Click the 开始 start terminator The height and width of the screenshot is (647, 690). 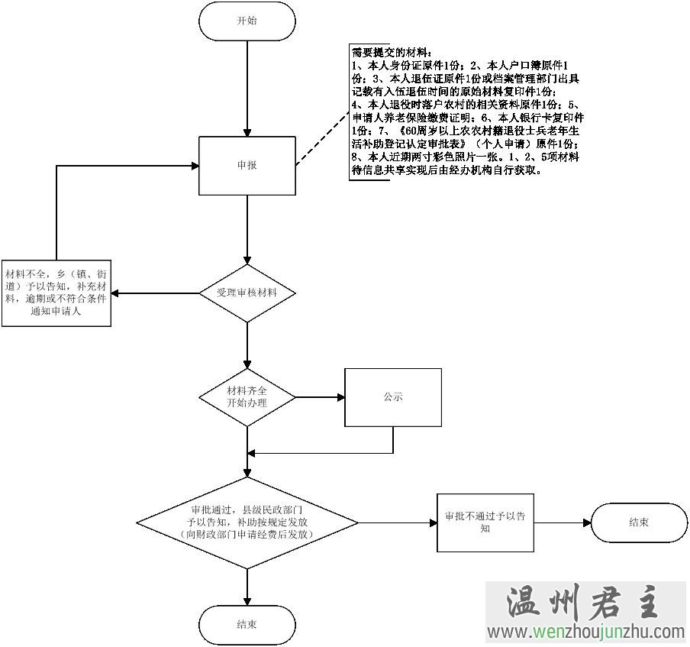tap(247, 21)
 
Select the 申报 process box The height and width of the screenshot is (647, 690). tap(247, 165)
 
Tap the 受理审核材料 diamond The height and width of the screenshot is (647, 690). tap(247, 293)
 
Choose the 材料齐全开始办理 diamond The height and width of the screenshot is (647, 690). tap(247, 396)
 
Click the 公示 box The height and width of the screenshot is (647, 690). tap(393, 397)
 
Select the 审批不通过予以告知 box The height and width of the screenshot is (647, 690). tap(485, 522)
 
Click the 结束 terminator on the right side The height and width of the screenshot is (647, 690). tap(640, 522)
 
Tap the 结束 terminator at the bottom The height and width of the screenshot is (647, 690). tap(247, 624)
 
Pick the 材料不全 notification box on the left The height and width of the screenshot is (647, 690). tap(56, 293)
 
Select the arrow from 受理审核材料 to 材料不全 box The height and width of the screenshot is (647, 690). tap(156, 293)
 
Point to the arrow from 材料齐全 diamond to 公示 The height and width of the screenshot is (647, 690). tap(319, 397)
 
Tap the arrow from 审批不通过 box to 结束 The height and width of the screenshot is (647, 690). tap(563, 522)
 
